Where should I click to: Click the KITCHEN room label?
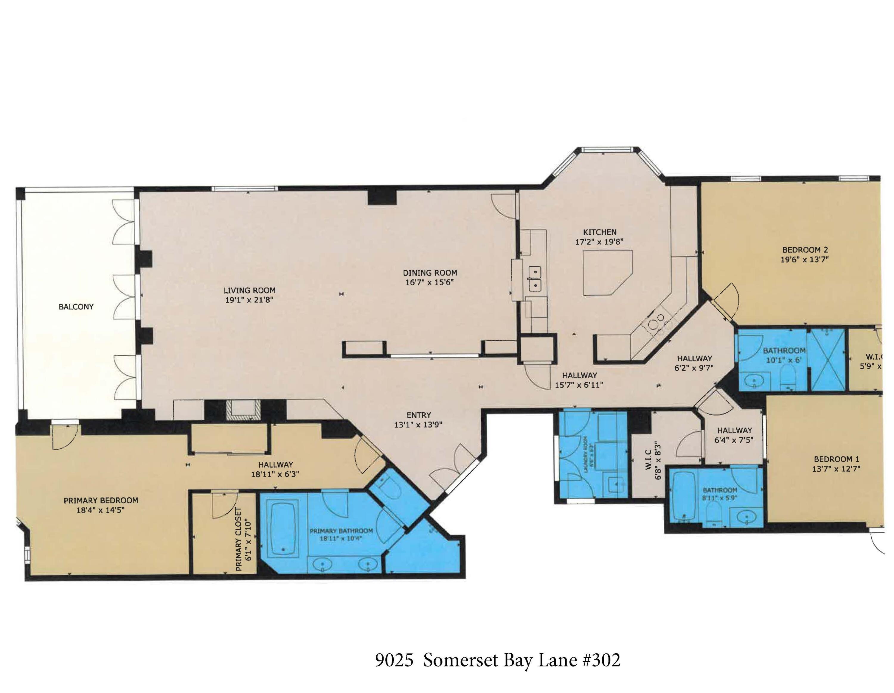pyautogui.click(x=600, y=232)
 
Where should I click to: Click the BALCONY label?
pyautogui.click(x=76, y=307)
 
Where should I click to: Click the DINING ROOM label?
pyautogui.click(x=430, y=273)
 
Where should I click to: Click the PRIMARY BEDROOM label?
pyautogui.click(x=101, y=500)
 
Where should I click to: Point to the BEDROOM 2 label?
pyautogui.click(x=805, y=250)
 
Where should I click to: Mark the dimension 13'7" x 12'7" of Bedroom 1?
pyautogui.click(x=836, y=469)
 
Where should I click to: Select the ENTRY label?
pyautogui.click(x=418, y=415)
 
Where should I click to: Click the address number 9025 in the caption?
pyautogui.click(x=394, y=660)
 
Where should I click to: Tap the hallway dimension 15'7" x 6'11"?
pyautogui.click(x=579, y=385)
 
